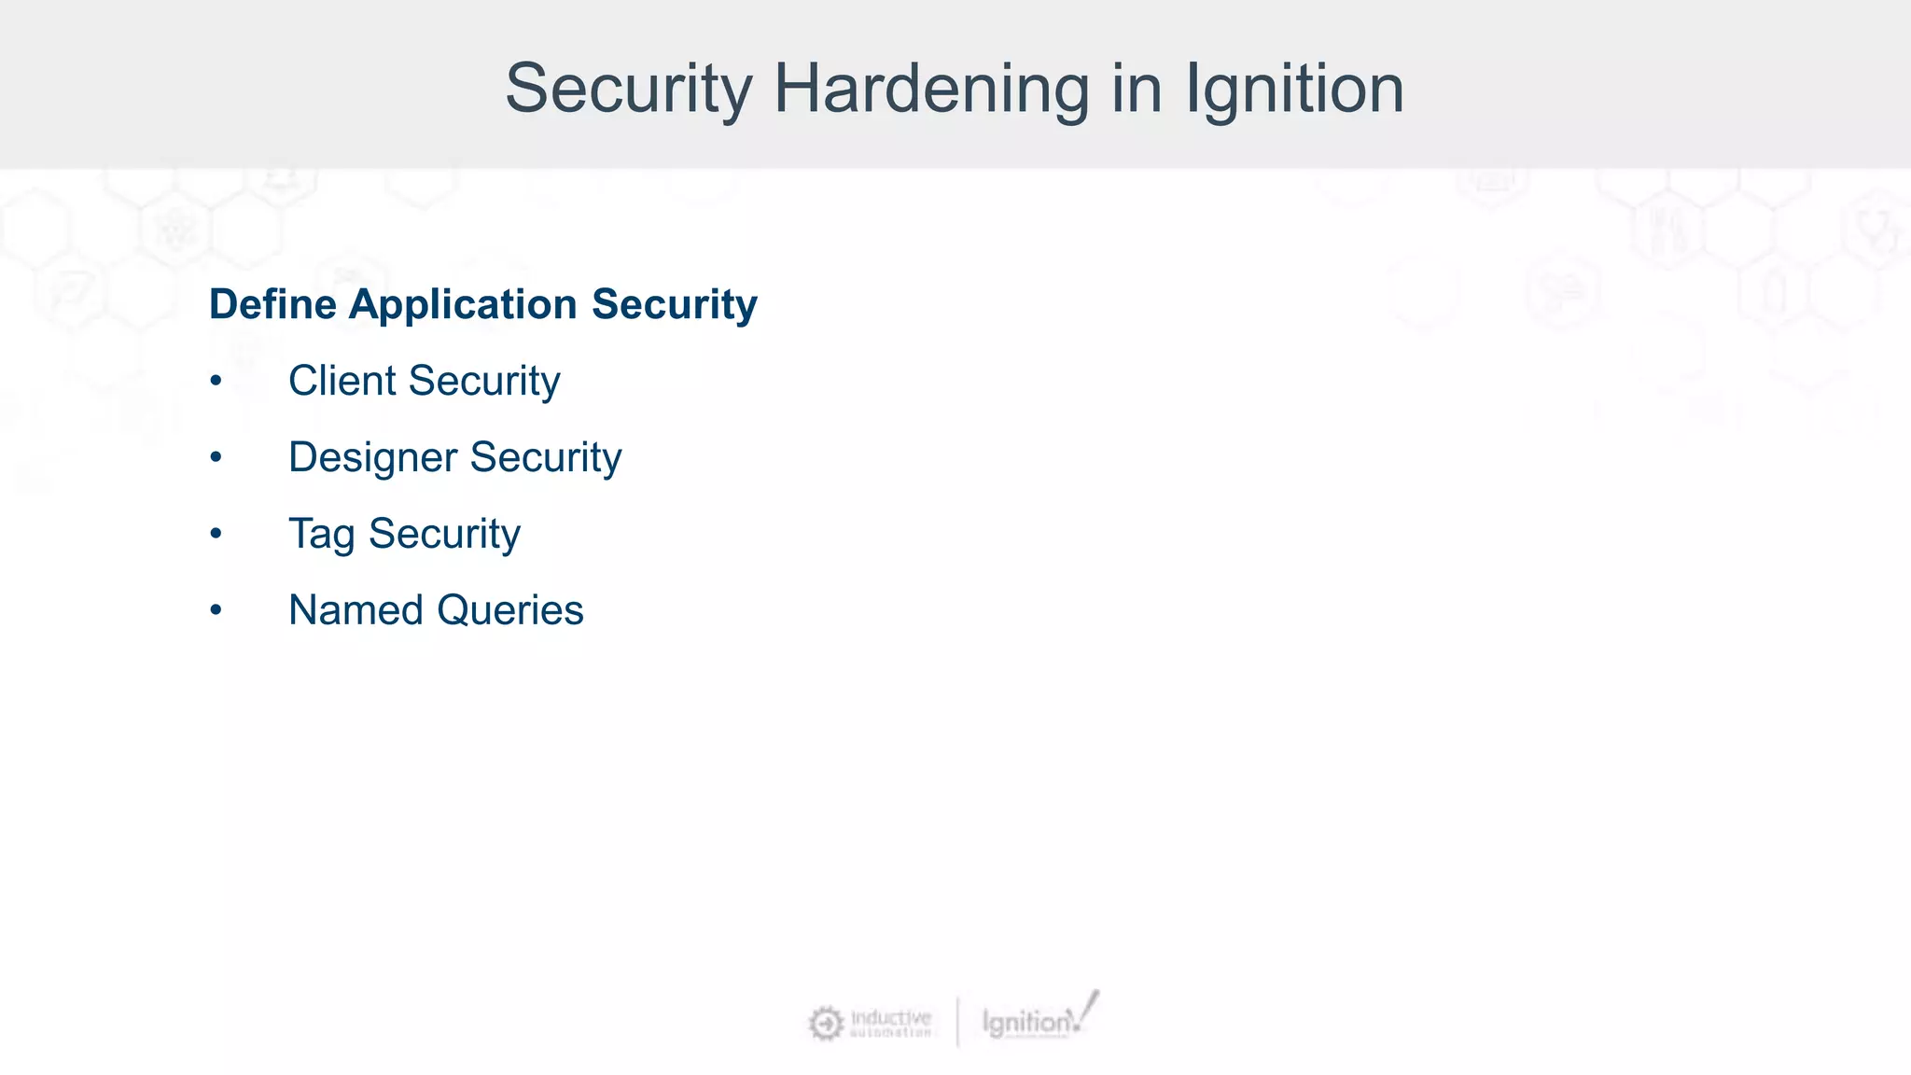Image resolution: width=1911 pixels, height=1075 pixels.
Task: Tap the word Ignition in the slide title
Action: tap(1294, 89)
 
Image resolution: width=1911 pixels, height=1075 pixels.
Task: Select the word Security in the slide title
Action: tap(628, 89)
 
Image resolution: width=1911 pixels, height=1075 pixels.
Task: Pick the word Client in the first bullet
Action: tap(342, 381)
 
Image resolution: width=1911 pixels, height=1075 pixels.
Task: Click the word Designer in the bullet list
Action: tap(372, 457)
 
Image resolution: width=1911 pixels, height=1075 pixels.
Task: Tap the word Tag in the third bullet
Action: tap(321, 534)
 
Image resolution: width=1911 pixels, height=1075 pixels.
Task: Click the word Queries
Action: tap(509, 610)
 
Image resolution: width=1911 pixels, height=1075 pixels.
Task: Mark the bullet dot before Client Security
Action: tap(216, 381)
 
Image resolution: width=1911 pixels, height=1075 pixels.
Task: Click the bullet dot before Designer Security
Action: tap(216, 457)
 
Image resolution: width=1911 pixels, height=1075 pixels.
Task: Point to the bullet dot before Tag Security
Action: tap(216, 534)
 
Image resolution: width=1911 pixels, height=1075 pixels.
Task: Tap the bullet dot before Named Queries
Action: tap(216, 610)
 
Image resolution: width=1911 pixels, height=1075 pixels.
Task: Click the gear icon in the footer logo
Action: tap(825, 1024)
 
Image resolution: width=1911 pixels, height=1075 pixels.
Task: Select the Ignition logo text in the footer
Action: tap(1026, 1023)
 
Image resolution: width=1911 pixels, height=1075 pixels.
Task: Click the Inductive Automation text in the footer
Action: tap(890, 1023)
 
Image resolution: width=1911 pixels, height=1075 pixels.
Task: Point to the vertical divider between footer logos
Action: tap(957, 1022)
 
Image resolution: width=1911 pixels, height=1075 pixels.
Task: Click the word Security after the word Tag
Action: tap(444, 534)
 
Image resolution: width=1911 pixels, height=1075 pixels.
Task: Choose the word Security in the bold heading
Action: tap(674, 304)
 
